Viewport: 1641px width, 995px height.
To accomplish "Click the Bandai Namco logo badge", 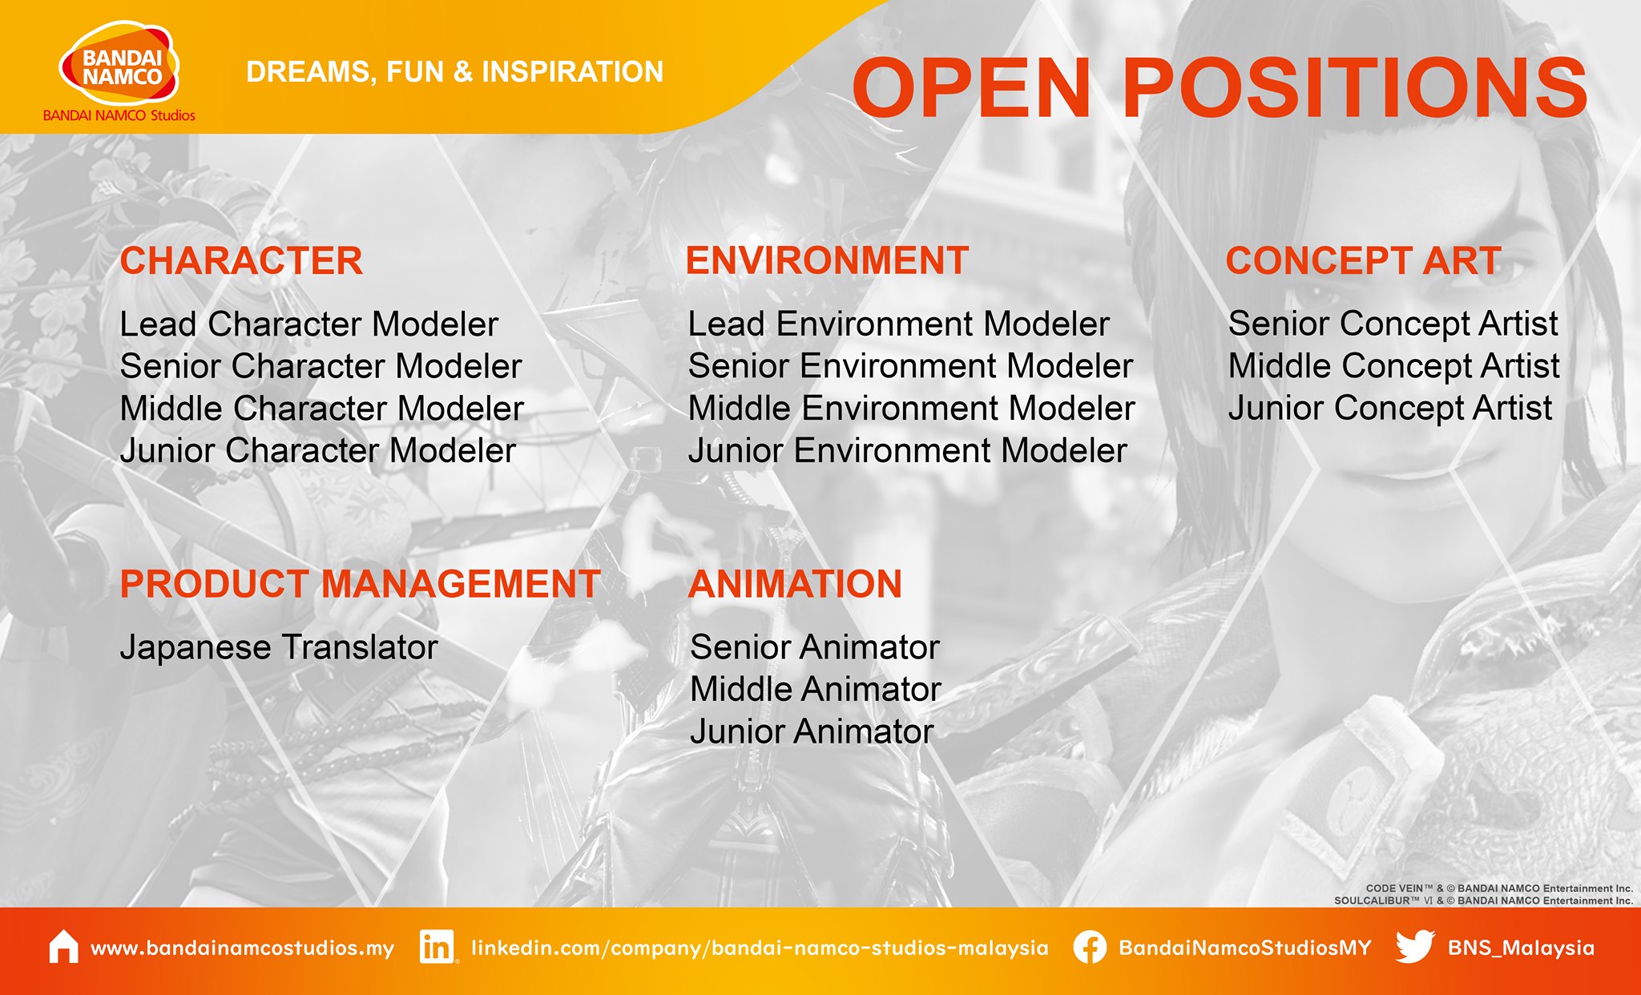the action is click(x=119, y=64).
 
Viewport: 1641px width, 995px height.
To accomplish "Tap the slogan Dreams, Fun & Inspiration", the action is click(x=454, y=72).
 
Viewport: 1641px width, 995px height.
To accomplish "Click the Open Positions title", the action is click(x=1219, y=87).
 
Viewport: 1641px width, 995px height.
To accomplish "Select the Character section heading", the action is click(x=241, y=261).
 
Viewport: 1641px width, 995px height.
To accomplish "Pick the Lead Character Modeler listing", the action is click(x=309, y=324).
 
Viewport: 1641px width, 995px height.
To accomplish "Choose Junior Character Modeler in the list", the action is click(x=318, y=450).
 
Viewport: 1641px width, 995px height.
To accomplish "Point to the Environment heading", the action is click(x=827, y=261).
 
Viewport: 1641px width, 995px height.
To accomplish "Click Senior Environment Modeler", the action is click(x=910, y=366).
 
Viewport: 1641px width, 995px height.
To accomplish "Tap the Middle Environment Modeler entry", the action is click(x=912, y=409).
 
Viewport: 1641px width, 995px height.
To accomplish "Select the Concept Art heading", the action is click(x=1363, y=261).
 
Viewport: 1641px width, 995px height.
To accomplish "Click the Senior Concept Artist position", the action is click(x=1393, y=324).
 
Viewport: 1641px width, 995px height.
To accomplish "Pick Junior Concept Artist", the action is click(x=1390, y=408).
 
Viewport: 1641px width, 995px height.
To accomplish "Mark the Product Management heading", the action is click(x=360, y=584).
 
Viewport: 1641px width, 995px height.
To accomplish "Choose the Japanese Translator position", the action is click(x=279, y=647).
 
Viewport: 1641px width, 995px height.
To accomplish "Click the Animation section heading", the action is click(x=795, y=584).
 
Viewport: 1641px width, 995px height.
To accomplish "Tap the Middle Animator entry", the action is click(x=816, y=689).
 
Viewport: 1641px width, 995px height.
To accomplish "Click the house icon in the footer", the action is click(x=64, y=947).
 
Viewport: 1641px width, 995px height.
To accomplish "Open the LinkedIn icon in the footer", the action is click(x=437, y=947).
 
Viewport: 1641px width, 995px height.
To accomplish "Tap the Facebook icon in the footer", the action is click(x=1090, y=947).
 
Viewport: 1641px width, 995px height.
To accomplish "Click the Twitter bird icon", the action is click(x=1415, y=947).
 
